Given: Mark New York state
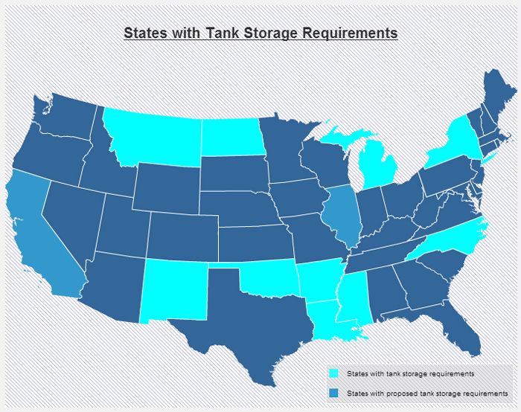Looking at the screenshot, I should pyautogui.click(x=450, y=146).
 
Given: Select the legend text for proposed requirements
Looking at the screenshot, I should pyautogui.click(x=427, y=392).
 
